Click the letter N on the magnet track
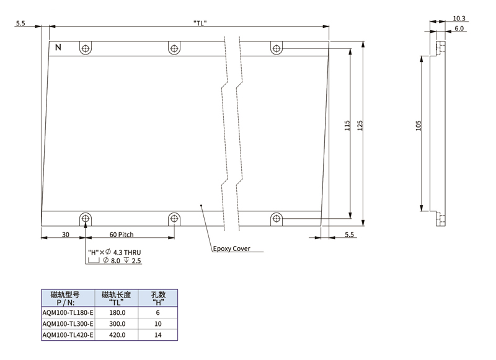(58, 48)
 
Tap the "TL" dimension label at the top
(200, 23)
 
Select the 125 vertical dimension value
(360, 126)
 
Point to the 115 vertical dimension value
(347, 126)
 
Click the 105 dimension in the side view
(418, 126)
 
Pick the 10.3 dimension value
(459, 19)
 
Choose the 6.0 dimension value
(459, 29)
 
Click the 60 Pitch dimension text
(122, 234)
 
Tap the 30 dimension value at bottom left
(66, 234)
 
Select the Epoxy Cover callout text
(231, 248)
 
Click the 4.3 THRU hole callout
(127, 252)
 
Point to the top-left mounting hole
(86, 48)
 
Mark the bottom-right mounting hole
(277, 218)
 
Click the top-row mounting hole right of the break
(277, 48)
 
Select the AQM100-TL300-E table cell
(68, 323)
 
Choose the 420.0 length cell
(117, 335)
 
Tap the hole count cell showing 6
(158, 312)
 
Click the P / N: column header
(66, 302)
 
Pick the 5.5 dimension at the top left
(20, 23)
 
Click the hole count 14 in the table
(158, 335)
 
